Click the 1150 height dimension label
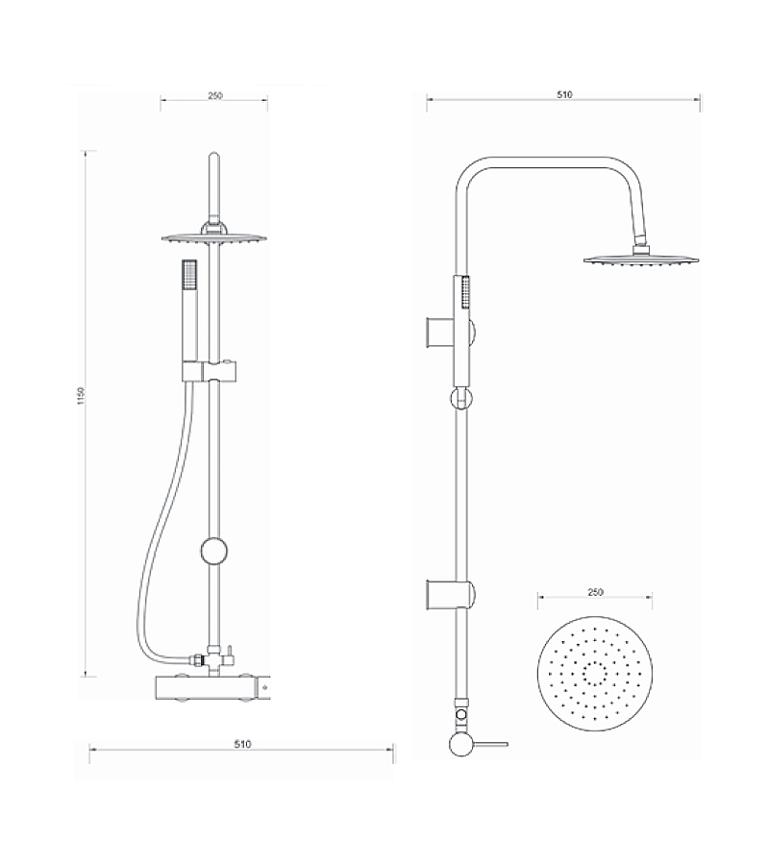81,396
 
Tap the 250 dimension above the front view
215,95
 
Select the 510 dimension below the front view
242,744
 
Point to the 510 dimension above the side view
564,94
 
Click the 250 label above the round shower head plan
595,592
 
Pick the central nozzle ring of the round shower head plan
595,674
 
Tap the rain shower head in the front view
214,238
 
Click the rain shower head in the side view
641,259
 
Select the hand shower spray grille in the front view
189,274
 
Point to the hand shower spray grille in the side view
466,292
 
